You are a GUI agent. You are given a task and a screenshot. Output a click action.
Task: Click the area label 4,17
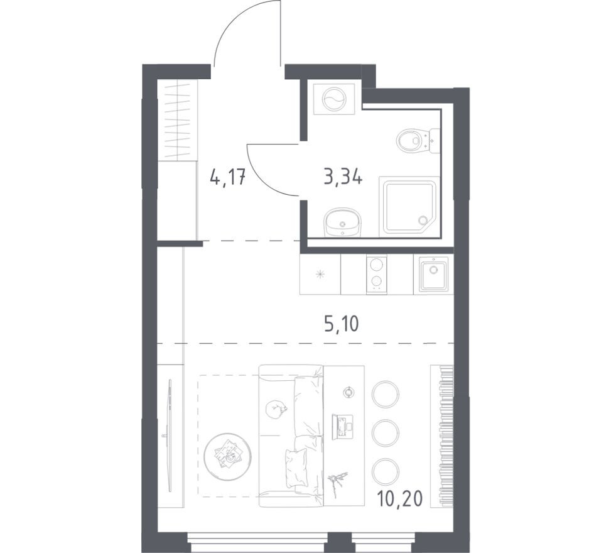point(227,178)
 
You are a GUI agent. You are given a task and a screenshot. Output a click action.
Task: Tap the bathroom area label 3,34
point(343,177)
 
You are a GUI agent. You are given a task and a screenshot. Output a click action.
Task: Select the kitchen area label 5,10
point(342,324)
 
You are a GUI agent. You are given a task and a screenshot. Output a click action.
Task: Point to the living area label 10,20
point(400,498)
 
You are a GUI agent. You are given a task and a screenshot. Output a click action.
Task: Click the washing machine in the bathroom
point(334,99)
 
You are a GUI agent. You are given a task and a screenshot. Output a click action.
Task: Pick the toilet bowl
point(417,140)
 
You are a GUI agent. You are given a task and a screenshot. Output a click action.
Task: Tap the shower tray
point(409,206)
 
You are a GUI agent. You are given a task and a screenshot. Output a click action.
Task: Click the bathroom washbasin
point(342,222)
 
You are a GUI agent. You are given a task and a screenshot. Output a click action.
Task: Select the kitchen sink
point(433,275)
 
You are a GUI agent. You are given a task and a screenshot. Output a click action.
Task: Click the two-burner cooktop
point(376,275)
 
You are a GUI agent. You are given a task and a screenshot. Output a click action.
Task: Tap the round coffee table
point(228,456)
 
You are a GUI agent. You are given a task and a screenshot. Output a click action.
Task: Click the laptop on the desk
point(342,425)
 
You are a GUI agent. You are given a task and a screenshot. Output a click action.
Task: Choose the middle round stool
point(386,432)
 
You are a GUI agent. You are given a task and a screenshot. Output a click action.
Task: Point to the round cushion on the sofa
point(276,410)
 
